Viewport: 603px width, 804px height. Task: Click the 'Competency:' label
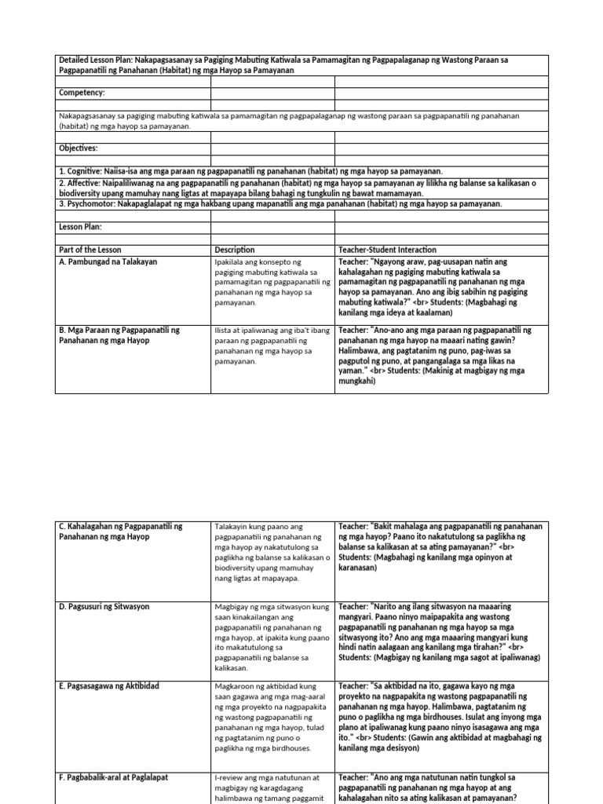(x=82, y=93)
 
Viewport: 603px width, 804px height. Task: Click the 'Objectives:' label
(x=79, y=148)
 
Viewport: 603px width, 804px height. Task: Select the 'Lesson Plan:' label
(x=82, y=227)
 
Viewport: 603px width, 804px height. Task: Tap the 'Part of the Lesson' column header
(x=90, y=250)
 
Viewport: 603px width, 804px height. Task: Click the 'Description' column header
(x=235, y=250)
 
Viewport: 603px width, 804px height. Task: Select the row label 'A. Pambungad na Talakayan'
(x=108, y=261)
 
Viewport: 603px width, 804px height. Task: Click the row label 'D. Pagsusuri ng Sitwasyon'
(x=104, y=607)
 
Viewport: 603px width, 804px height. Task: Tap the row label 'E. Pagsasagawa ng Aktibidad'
(x=108, y=686)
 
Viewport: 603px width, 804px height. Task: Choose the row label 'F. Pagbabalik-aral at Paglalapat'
(x=112, y=777)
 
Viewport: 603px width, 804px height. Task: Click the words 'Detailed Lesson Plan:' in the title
(x=96, y=60)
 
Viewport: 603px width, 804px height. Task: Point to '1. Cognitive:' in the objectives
(x=87, y=171)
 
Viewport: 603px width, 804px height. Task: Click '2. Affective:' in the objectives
(x=86, y=183)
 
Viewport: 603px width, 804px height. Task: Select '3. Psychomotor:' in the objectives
(x=93, y=204)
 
